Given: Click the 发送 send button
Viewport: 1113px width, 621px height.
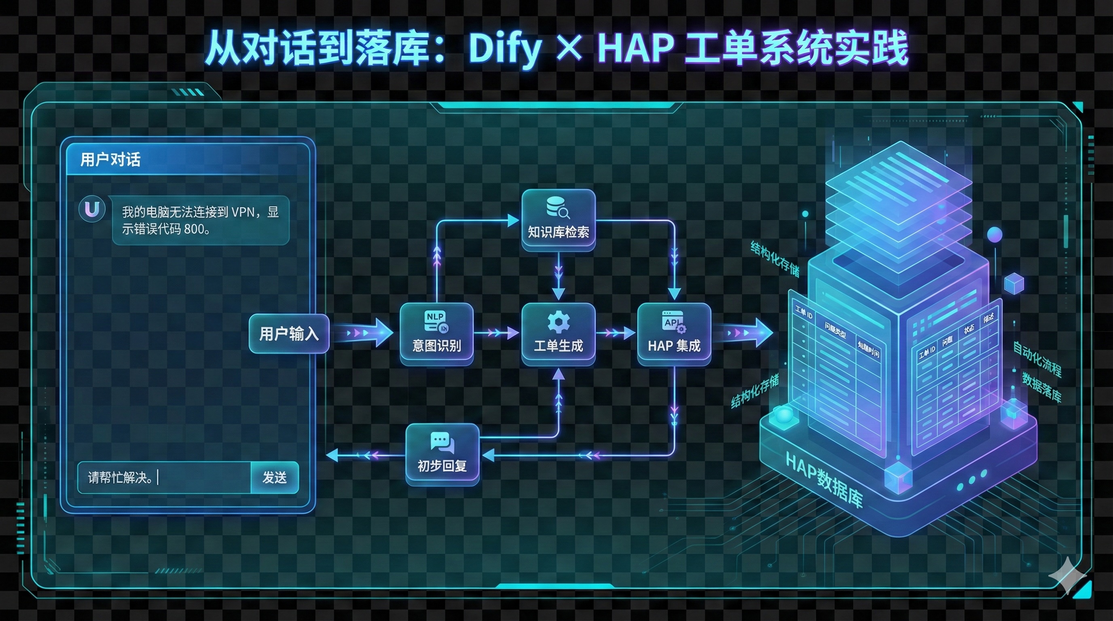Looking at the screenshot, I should tap(275, 477).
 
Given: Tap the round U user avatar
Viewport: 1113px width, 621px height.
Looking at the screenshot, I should tap(91, 209).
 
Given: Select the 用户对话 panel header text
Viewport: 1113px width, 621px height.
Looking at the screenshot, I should tap(110, 159).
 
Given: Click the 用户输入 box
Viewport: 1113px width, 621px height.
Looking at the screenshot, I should tap(289, 334).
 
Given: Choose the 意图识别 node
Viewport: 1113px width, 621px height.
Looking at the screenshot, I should tap(436, 334).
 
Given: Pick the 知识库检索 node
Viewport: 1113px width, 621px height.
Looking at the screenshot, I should tap(558, 220).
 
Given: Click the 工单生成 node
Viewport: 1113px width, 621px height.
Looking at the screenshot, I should tap(558, 334).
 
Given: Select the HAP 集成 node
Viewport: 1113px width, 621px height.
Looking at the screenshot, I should tap(674, 334).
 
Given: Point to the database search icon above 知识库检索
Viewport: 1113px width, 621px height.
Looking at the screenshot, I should tap(558, 208).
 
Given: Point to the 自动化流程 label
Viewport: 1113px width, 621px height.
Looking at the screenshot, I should tap(1037, 359).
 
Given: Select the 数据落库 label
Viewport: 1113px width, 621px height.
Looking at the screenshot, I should tap(1041, 387).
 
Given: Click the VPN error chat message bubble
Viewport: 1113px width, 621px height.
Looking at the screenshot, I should tap(201, 220).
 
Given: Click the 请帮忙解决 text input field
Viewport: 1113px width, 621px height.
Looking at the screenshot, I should tap(164, 477).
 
